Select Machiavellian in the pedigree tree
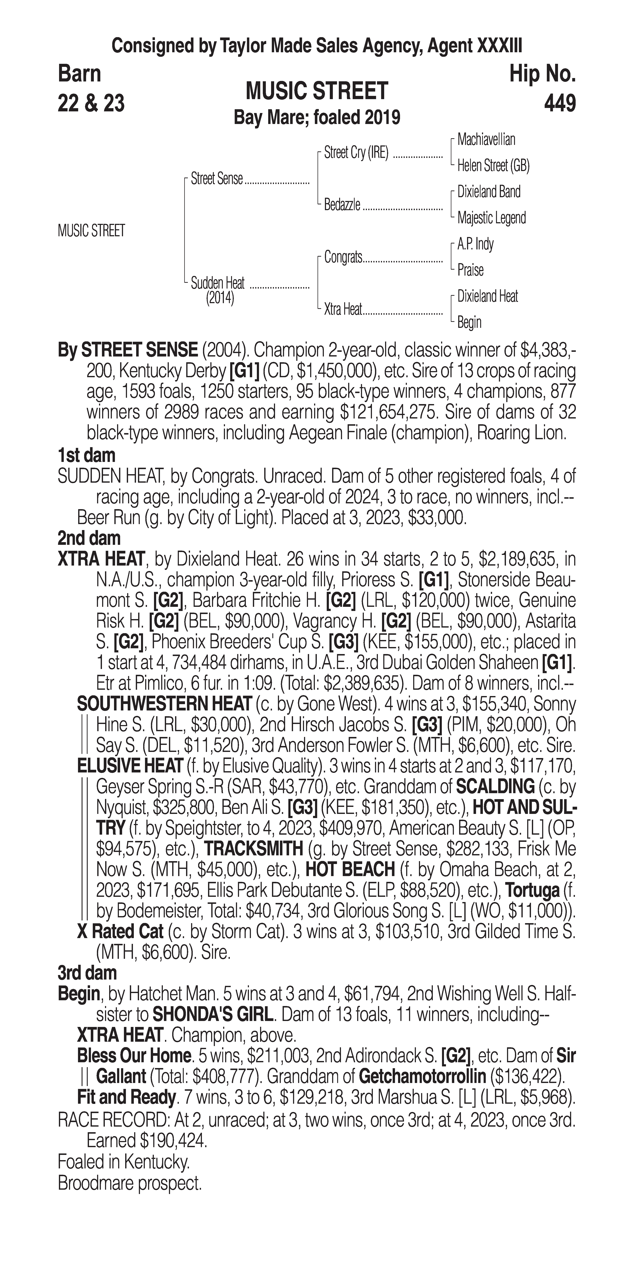pyautogui.click(x=486, y=140)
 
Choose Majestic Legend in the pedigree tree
pyautogui.click(x=492, y=218)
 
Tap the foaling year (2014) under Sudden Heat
pyautogui.click(x=220, y=298)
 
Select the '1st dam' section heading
pyautogui.click(x=86, y=455)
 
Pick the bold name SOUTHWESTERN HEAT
pyautogui.click(x=164, y=704)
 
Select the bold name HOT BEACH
pyautogui.click(x=350, y=870)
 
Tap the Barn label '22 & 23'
pyautogui.click(x=91, y=103)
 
